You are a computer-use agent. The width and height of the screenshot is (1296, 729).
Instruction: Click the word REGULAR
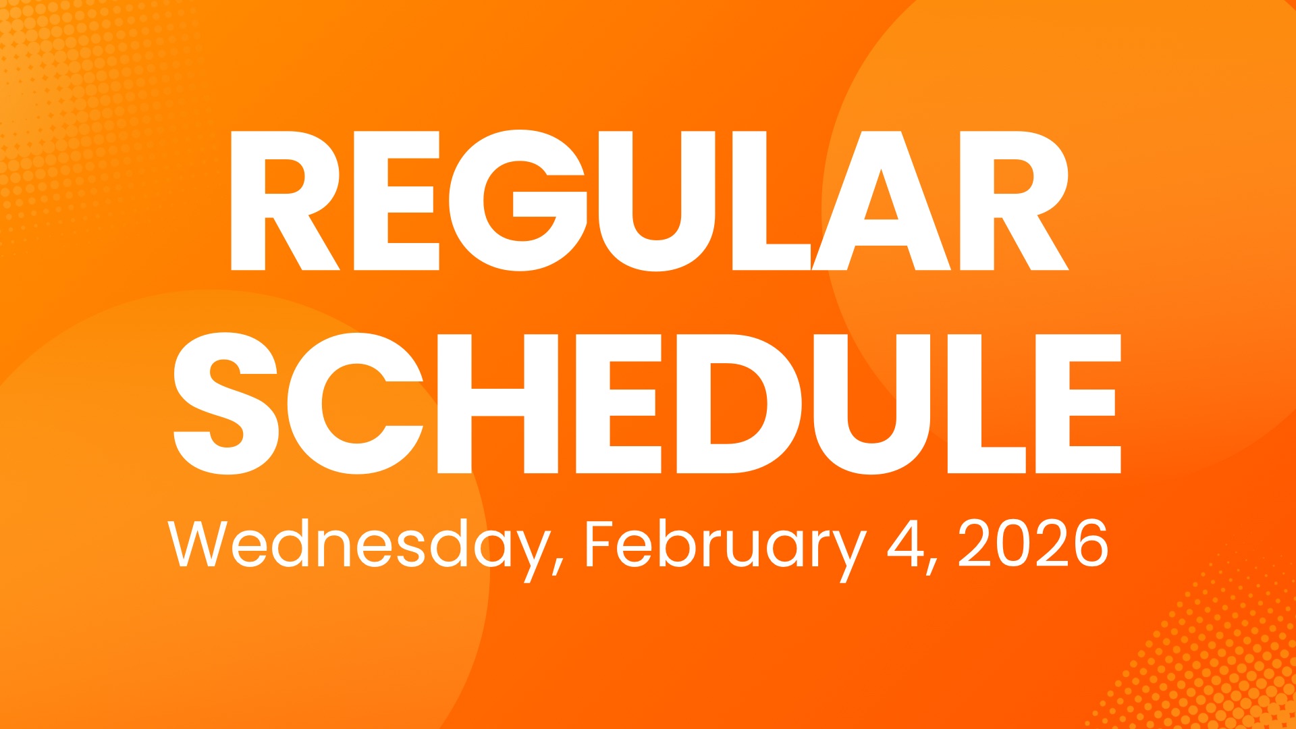pyautogui.click(x=648, y=201)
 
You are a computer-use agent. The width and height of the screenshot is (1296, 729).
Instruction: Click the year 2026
pyautogui.click(x=1032, y=543)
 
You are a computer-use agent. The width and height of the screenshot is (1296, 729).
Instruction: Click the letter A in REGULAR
pyautogui.click(x=881, y=201)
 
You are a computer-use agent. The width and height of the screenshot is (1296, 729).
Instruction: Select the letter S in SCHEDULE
pyautogui.click(x=225, y=404)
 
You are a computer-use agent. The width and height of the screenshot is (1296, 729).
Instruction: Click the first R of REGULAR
pyautogui.click(x=283, y=201)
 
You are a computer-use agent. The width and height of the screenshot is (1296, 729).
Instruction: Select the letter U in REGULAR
pyautogui.click(x=654, y=201)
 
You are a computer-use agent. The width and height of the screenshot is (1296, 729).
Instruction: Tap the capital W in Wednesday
pyautogui.click(x=200, y=543)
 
